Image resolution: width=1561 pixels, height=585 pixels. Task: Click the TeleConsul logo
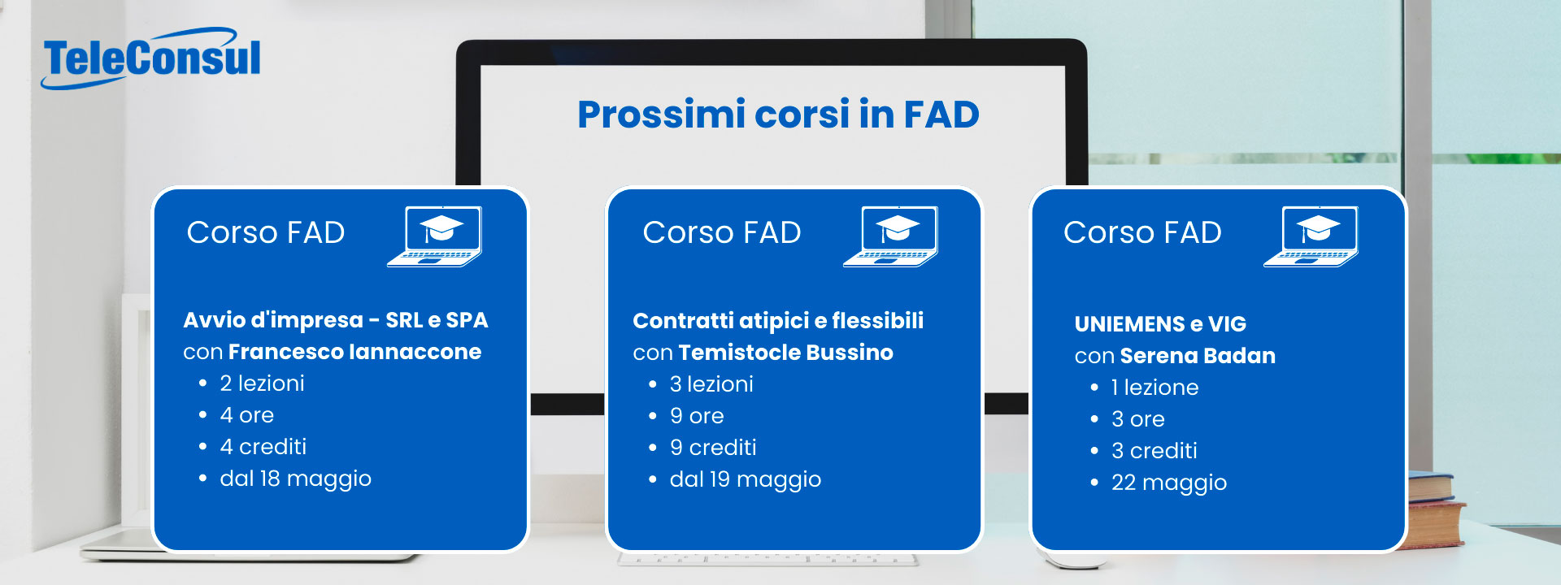(151, 58)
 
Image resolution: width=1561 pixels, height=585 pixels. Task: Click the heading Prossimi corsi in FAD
(778, 115)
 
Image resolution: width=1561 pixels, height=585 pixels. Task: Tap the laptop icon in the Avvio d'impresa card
(435, 236)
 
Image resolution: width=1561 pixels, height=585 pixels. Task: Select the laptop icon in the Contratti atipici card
(891, 236)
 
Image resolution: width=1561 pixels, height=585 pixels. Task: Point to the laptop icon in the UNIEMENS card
(1311, 236)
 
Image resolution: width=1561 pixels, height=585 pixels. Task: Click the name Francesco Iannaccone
(354, 352)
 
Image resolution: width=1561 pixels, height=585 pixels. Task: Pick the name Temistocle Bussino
(785, 353)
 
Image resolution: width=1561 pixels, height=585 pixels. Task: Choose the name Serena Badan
(1198, 356)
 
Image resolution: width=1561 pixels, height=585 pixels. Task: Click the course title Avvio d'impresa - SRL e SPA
(336, 320)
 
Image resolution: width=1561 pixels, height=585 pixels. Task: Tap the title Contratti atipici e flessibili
(778, 321)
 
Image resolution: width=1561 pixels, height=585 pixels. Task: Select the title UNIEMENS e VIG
(1160, 324)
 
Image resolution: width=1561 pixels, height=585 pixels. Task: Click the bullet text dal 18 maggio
(295, 479)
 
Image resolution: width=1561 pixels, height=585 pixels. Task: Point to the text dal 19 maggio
(746, 479)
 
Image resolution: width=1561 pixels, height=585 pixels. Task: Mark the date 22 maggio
(1169, 483)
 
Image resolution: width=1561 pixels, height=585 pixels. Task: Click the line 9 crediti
(713, 448)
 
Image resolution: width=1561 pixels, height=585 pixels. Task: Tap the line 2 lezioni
(262, 383)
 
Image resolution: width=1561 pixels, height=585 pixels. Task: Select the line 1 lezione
(1154, 388)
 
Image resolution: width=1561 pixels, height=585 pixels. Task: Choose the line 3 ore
(1137, 419)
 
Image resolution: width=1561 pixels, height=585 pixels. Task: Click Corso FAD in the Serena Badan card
(1142, 233)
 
